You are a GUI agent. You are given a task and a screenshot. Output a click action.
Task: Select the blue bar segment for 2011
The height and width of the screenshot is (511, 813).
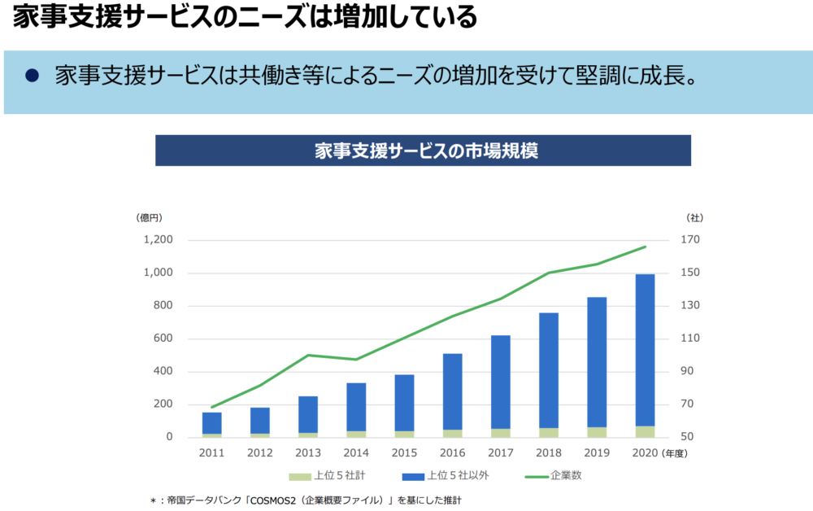(x=212, y=423)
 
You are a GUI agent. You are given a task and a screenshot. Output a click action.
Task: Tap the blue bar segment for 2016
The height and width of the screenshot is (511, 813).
(x=452, y=391)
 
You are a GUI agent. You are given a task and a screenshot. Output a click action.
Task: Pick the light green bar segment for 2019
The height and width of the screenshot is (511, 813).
(x=597, y=432)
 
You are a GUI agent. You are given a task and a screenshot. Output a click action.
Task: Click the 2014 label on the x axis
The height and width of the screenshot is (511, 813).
(x=356, y=453)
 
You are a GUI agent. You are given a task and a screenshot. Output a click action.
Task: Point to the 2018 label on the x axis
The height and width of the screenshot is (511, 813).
(x=549, y=453)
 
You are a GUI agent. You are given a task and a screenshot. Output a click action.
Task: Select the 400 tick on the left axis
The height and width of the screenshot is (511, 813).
(x=163, y=372)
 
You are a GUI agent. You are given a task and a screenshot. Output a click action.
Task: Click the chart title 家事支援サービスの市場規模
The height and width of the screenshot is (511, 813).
(x=423, y=151)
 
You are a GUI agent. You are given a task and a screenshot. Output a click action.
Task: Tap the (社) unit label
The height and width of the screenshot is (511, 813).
(x=695, y=217)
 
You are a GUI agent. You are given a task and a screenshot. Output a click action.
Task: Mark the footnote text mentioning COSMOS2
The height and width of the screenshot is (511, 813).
(x=310, y=500)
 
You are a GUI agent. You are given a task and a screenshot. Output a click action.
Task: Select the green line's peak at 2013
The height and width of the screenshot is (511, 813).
(x=308, y=355)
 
